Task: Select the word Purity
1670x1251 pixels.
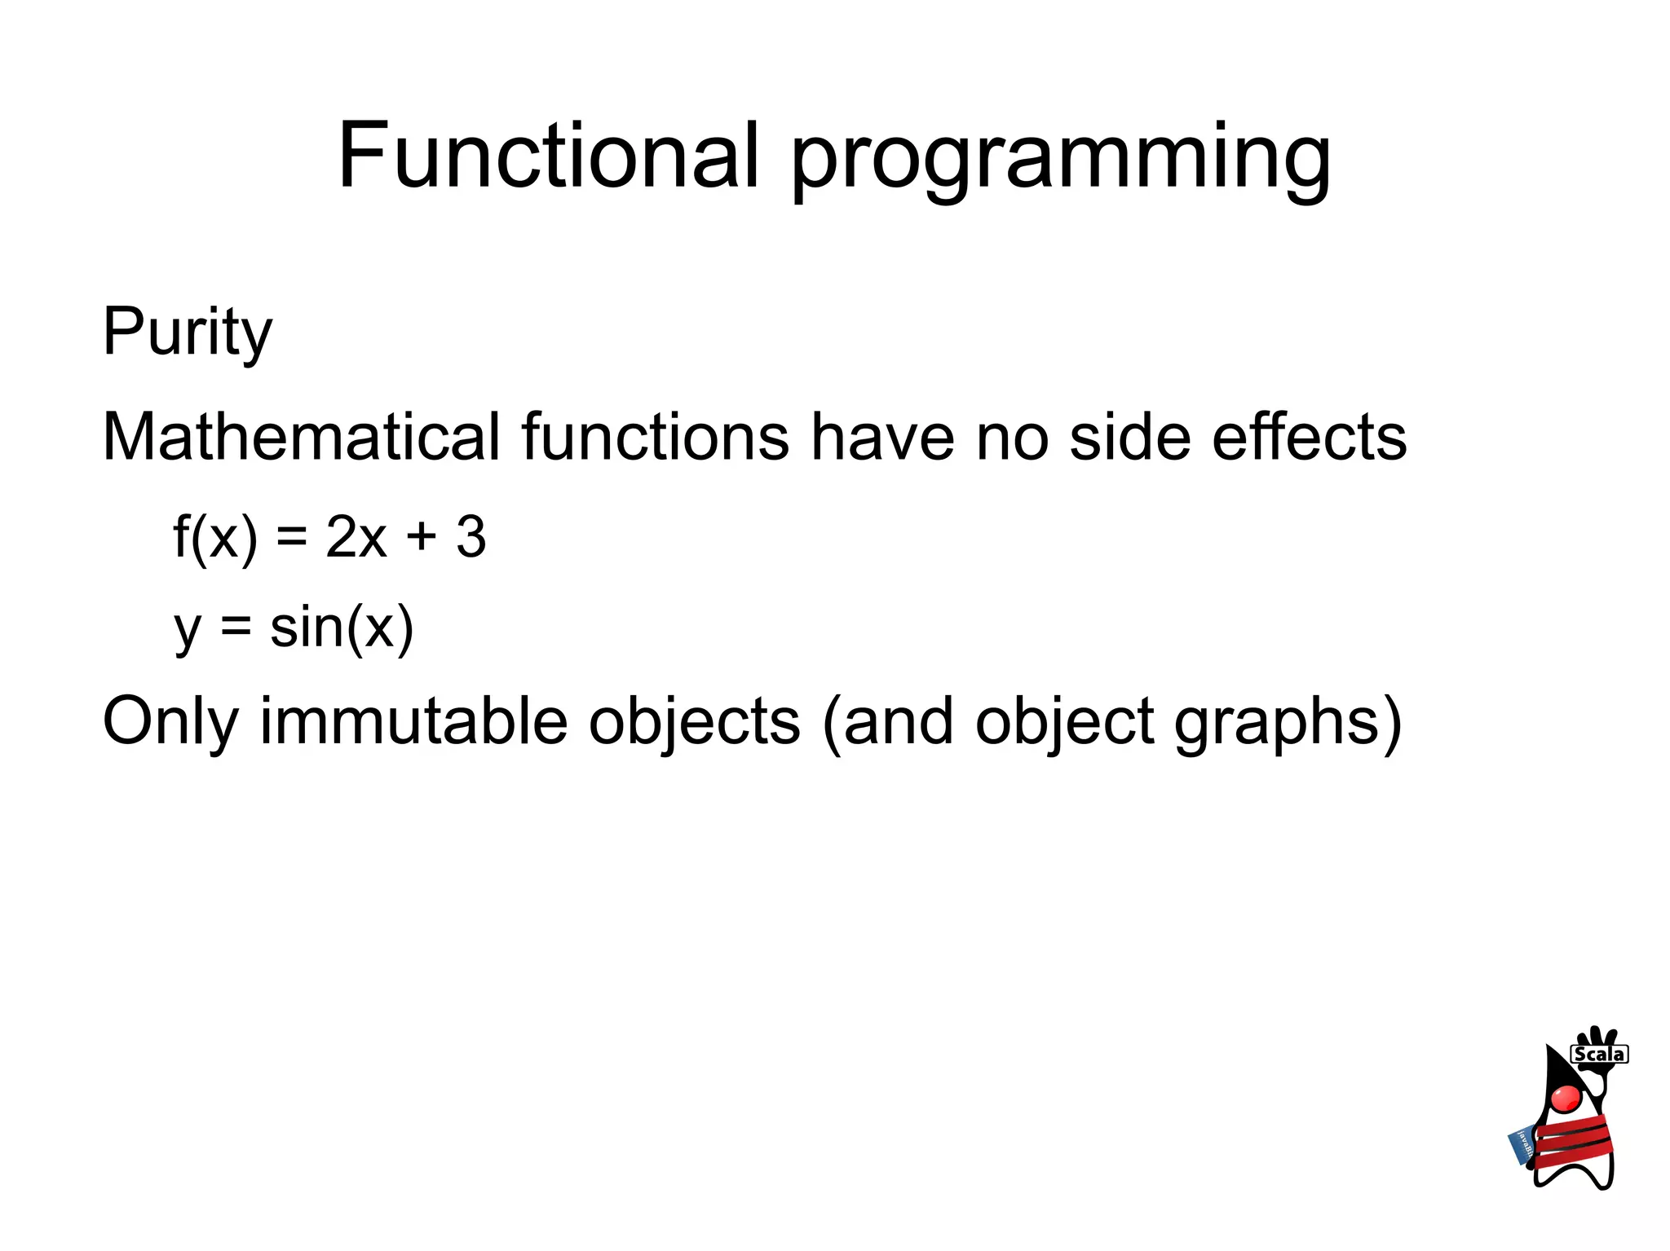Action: pos(187,332)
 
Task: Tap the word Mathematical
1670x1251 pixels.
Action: pos(301,437)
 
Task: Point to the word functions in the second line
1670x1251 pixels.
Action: pos(655,437)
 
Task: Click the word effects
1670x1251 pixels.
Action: pos(1309,437)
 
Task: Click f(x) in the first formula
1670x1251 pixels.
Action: pos(214,538)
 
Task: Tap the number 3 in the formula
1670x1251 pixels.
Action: pos(471,538)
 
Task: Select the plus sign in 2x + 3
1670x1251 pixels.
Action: pos(422,538)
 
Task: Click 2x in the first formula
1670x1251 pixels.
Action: pos(356,538)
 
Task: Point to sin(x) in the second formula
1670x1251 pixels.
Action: pos(342,628)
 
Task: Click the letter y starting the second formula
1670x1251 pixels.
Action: pos(188,632)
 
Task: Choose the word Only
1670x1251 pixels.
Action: pos(170,722)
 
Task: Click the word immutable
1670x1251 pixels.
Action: pos(413,722)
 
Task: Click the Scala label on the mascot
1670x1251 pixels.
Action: pos(1599,1055)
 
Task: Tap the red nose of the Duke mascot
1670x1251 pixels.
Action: pos(1566,1098)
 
